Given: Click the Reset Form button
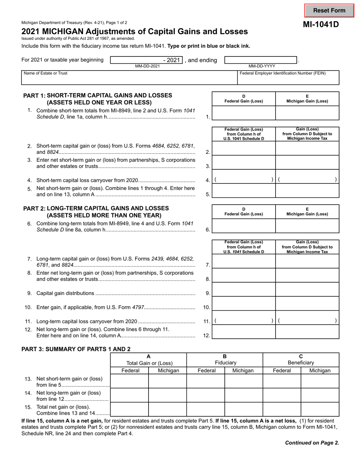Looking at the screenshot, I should [x=329, y=11].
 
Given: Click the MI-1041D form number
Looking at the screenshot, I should [x=320, y=25].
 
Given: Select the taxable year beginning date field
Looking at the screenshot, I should [x=146, y=60].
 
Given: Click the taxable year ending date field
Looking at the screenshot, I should [x=261, y=60].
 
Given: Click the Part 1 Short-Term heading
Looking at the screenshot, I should [x=98, y=99].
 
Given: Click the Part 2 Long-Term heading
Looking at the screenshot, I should [x=96, y=212].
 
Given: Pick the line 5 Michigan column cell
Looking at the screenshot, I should [x=307, y=191].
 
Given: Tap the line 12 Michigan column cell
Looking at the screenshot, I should [x=307, y=332].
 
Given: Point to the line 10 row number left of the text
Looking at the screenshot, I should [x=28, y=307].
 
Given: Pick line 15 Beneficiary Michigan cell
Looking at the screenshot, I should [x=320, y=410].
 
